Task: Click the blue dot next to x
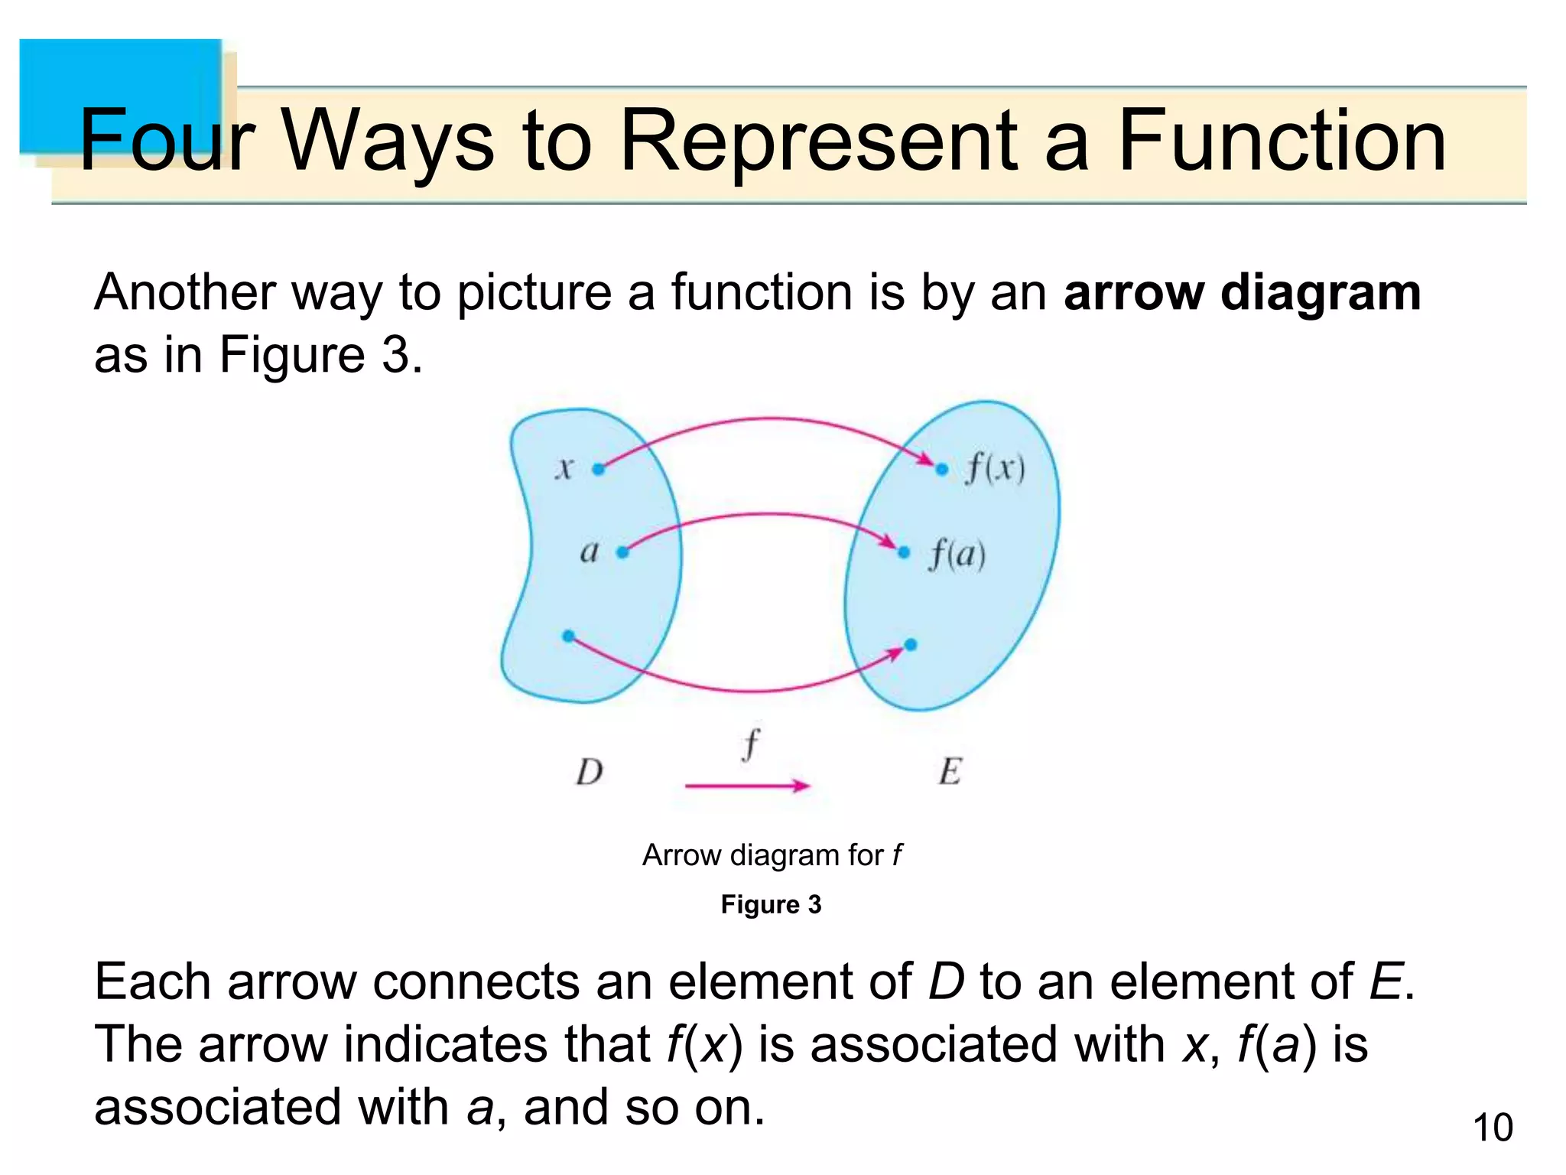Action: pyautogui.click(x=599, y=469)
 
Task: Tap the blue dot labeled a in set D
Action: pyautogui.click(x=622, y=552)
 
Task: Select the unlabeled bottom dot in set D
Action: pyautogui.click(x=568, y=636)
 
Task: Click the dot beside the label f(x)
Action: pyautogui.click(x=942, y=469)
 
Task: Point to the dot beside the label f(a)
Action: pyautogui.click(x=904, y=552)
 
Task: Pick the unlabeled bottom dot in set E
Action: pyautogui.click(x=911, y=645)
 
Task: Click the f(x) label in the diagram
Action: pyautogui.click(x=995, y=468)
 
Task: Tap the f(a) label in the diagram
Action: pyautogui.click(x=957, y=554)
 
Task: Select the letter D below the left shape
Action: pyautogui.click(x=590, y=772)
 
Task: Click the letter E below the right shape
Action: pyautogui.click(x=950, y=771)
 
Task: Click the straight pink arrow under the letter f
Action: pyautogui.click(x=746, y=786)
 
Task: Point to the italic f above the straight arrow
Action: pyautogui.click(x=751, y=744)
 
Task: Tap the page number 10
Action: pyautogui.click(x=1492, y=1128)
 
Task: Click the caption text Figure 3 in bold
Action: pyautogui.click(x=771, y=904)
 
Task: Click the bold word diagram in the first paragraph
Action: pyautogui.click(x=1321, y=293)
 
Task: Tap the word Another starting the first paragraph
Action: pyautogui.click(x=184, y=293)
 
